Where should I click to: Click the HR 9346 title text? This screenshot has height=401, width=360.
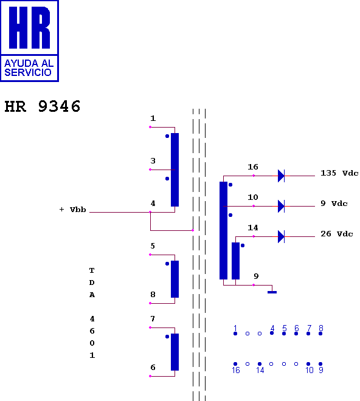pos(43,106)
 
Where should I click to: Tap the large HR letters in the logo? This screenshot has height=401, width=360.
pos(29,27)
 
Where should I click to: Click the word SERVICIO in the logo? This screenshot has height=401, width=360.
pos(28,72)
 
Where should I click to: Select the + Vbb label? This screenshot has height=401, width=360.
pos(73,210)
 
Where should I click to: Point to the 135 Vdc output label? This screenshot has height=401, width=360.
pos(339,173)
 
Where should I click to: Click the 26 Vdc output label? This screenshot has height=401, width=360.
pos(337,234)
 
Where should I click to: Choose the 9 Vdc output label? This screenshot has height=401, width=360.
pos(334,204)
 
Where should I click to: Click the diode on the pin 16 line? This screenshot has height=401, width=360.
pos(281,176)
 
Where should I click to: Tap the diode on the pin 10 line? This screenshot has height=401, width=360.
pos(281,206)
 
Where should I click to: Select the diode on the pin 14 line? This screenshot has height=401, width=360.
pos(281,236)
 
